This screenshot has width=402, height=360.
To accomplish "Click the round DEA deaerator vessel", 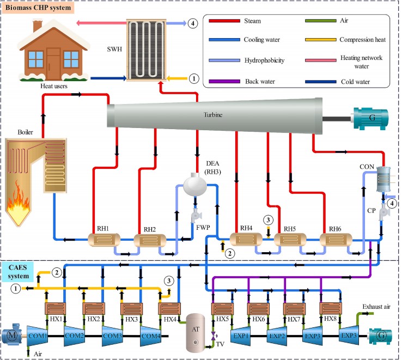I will click(x=197, y=186).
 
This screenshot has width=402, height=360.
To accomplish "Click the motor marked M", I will click(x=12, y=336).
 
